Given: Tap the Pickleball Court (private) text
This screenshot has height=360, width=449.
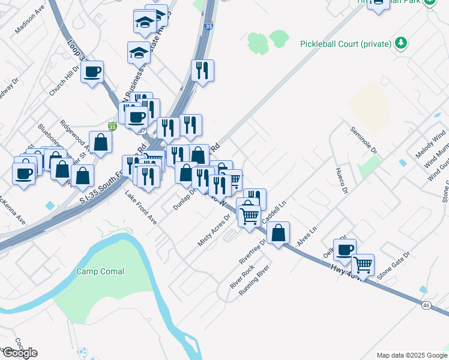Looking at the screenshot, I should click(x=346, y=44).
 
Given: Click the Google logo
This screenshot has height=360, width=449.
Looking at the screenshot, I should click(x=20, y=353).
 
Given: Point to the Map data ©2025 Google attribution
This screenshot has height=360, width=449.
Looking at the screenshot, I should click(x=412, y=355).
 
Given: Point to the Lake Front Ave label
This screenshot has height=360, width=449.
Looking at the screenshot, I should click(x=140, y=208).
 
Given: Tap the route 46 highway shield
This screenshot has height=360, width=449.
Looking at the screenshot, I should click(x=426, y=306).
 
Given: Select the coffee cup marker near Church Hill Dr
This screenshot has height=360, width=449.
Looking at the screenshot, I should click(x=92, y=73).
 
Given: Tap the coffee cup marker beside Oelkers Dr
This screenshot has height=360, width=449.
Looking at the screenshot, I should click(x=345, y=250).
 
